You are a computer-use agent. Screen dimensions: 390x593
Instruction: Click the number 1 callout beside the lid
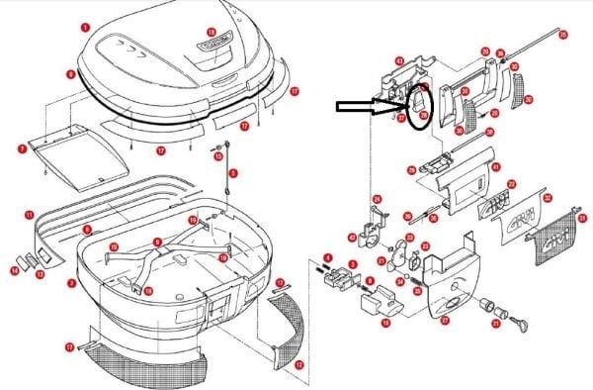[85, 29]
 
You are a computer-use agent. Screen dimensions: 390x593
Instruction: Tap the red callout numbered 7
[22, 148]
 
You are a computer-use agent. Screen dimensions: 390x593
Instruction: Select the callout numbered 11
[30, 214]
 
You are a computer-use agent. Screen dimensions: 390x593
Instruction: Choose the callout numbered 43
[398, 60]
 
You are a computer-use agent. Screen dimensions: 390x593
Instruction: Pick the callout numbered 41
[496, 166]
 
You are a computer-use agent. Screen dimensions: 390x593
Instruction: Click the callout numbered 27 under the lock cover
[445, 320]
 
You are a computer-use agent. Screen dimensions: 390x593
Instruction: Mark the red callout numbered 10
[385, 322]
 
